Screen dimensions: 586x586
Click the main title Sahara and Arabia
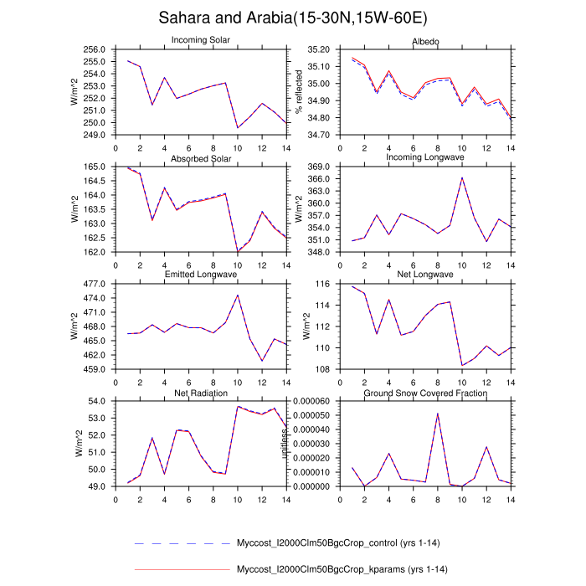tap(292, 18)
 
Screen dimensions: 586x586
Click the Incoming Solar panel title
tap(201, 40)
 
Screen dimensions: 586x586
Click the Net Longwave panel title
tap(425, 275)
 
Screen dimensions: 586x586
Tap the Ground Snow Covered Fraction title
tap(425, 393)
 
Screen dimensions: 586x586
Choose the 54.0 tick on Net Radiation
tap(98, 402)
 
